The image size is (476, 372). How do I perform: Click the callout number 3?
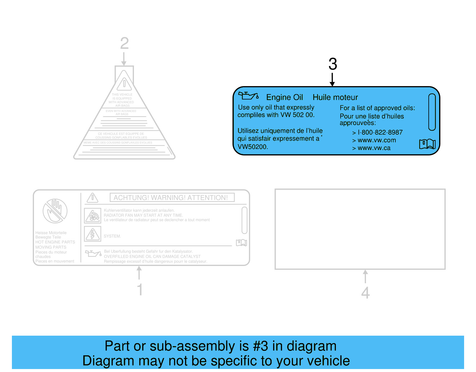(333, 64)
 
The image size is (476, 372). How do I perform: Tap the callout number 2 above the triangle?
(124, 43)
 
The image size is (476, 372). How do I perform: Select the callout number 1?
(140, 289)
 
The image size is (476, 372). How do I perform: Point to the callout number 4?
(365, 292)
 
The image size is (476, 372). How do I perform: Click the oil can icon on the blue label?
(248, 96)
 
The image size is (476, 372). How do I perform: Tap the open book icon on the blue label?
(427, 144)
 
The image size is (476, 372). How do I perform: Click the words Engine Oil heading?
(284, 97)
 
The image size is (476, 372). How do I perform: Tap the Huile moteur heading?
(335, 97)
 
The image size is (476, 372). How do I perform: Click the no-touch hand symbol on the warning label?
(55, 211)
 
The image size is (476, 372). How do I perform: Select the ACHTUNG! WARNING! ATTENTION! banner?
(172, 197)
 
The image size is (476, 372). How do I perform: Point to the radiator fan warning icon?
(93, 216)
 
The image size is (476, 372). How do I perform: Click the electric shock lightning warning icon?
(93, 234)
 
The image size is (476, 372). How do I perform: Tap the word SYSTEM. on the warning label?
(112, 236)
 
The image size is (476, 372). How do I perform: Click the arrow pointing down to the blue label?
(332, 80)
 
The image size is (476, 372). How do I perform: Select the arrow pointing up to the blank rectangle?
(365, 276)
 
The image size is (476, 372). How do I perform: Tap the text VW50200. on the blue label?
(253, 147)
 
